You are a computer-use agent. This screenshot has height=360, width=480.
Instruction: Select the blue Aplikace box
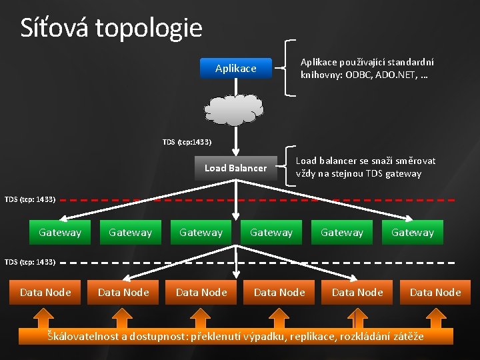(236, 68)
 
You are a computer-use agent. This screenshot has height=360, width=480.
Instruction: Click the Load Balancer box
(235, 168)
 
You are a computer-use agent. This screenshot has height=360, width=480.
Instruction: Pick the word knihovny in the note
(320, 75)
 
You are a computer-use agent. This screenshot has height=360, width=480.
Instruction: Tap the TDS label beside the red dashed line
(30, 199)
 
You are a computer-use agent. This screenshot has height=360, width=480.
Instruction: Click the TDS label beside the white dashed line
(30, 262)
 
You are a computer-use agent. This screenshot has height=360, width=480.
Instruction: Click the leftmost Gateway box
(60, 233)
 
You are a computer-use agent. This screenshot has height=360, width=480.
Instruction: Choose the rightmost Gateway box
(412, 233)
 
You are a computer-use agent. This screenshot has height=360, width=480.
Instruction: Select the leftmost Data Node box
(45, 292)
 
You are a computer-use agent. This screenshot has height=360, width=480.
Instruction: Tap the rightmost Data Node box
(435, 292)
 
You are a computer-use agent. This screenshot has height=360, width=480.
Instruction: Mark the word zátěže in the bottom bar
(407, 336)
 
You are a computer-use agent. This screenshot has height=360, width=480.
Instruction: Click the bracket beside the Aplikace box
(288, 67)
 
